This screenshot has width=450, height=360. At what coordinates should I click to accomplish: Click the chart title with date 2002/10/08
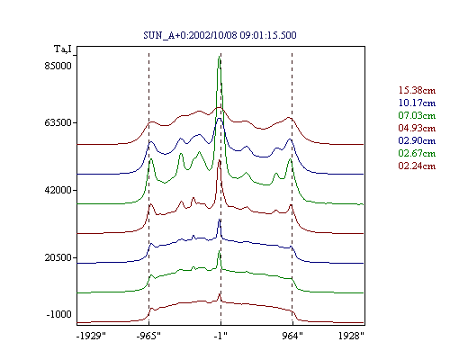point(220,35)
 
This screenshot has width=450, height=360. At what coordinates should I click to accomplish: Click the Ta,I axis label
point(63,49)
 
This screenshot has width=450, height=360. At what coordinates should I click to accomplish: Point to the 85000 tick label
point(58,66)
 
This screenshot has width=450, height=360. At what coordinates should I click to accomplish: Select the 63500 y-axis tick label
point(58,122)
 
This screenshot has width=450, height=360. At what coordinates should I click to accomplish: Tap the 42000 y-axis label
point(58,190)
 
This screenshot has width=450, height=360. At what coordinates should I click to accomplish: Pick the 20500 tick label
point(58,257)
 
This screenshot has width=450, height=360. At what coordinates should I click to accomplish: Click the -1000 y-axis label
point(58,314)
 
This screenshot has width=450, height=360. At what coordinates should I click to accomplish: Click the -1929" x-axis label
point(92,336)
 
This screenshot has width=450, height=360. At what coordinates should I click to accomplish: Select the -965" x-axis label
point(148,336)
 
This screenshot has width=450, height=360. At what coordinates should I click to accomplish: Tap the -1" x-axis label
point(220,336)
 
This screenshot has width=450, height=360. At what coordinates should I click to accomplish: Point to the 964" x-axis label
point(292,336)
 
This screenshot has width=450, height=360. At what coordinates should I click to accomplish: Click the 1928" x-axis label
point(351,336)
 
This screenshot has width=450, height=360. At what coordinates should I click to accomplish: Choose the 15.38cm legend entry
point(417,90)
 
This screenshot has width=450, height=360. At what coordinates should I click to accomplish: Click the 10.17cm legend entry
point(417,103)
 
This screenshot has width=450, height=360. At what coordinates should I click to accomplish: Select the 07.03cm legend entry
point(417,115)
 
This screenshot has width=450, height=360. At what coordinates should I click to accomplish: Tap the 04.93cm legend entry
point(417,128)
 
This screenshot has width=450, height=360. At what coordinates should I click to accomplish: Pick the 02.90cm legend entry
point(417,140)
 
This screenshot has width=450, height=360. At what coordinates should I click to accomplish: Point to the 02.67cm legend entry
point(417,153)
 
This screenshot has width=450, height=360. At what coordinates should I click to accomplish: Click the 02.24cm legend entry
point(417,166)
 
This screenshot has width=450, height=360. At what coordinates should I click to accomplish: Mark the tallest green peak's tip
point(219,56)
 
